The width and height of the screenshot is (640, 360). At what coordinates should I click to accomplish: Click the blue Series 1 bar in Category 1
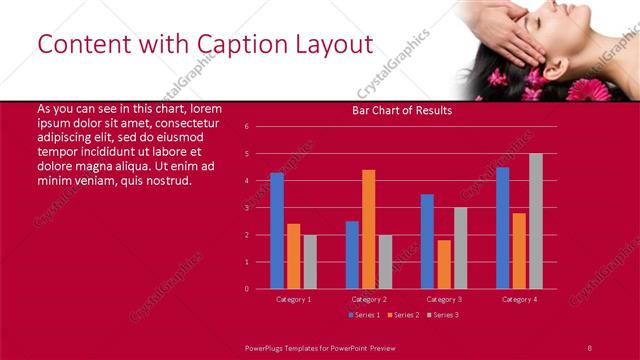277,231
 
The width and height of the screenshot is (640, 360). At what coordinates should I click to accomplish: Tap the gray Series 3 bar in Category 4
536,221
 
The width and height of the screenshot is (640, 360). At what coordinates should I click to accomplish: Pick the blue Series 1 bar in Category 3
427,241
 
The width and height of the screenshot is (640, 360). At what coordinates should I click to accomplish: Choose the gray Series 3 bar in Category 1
310,261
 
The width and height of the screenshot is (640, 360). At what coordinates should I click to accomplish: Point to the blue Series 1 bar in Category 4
502,228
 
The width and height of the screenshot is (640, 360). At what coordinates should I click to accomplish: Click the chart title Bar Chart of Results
402,110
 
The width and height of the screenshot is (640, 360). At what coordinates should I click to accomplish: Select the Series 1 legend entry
366,315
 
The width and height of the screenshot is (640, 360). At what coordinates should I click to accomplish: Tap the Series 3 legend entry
442,315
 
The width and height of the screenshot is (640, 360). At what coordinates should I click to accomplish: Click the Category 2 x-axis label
369,299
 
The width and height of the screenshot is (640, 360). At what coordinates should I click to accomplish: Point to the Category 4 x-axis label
519,299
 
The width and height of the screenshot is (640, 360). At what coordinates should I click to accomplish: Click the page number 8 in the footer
590,346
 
